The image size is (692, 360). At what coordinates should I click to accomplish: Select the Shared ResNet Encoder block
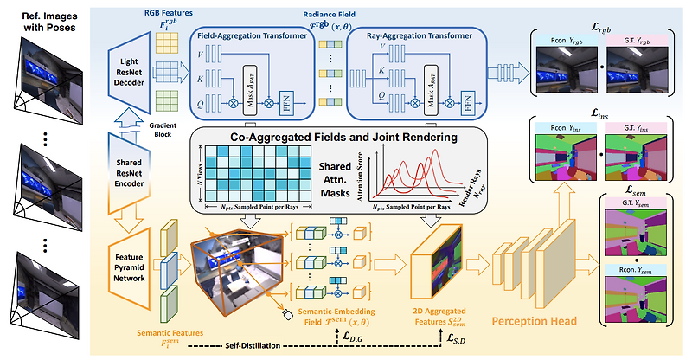click(128, 164)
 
